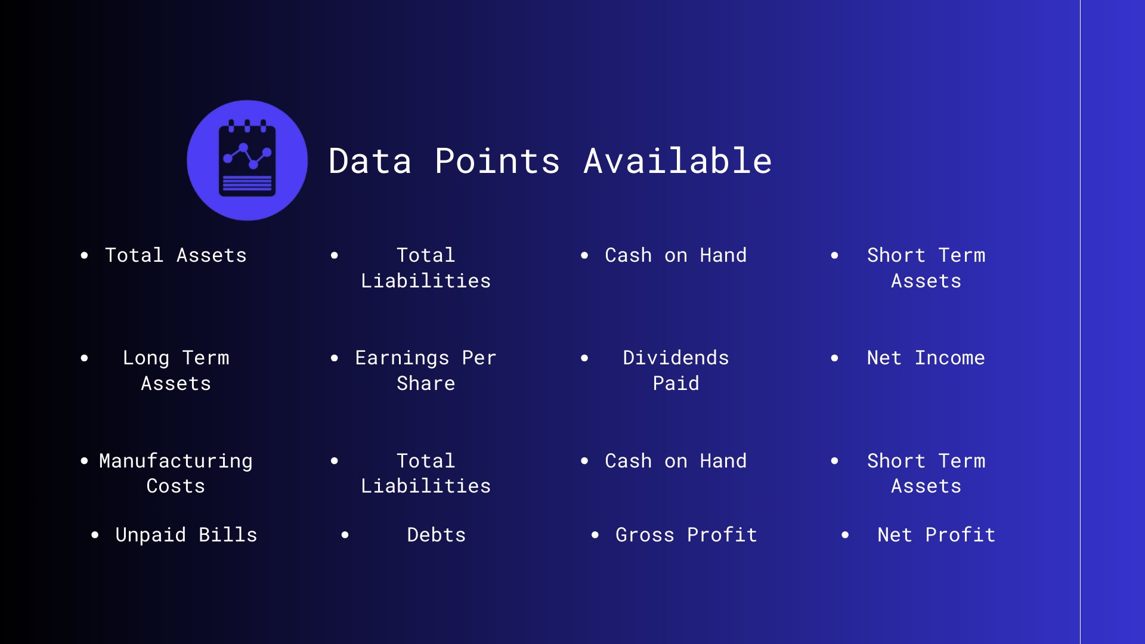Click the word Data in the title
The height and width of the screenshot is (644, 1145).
click(370, 161)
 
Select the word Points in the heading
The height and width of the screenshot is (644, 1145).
click(497, 161)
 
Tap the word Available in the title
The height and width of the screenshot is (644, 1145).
click(677, 161)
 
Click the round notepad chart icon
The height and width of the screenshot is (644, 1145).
click(247, 160)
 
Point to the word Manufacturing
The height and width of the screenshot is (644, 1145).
click(176, 461)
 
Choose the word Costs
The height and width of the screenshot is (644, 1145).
click(176, 486)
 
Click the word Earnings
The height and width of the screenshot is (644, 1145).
click(402, 358)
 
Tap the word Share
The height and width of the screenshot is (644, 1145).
click(426, 383)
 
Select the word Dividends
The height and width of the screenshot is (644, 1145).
click(676, 358)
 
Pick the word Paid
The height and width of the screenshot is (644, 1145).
click(676, 383)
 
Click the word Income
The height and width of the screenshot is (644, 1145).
click(949, 358)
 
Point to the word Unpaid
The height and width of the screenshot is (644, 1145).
click(150, 535)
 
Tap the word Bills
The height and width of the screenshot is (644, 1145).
click(228, 535)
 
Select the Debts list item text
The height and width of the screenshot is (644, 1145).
click(436, 535)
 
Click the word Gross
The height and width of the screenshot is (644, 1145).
click(645, 535)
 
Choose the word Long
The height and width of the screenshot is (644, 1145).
click(146, 358)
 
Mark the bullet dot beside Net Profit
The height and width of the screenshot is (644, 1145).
click(845, 535)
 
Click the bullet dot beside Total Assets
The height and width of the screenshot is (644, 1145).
click(84, 255)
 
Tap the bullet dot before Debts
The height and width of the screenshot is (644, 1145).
click(345, 535)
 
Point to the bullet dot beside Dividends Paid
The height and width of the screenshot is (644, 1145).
click(584, 358)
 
